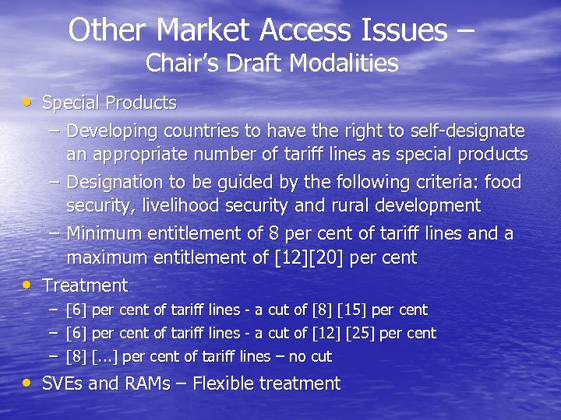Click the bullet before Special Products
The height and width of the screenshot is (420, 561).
27,102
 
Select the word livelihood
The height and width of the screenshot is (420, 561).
180,205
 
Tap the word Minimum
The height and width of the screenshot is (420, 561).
106,233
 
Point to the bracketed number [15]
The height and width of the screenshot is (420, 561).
351,310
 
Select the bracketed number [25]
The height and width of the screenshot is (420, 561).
355,333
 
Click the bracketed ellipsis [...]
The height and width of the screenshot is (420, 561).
106,357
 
